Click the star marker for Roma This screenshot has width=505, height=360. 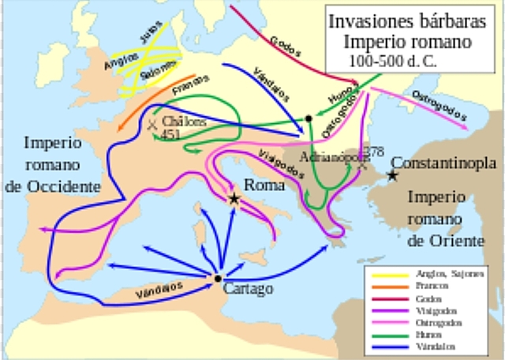coord(234,199)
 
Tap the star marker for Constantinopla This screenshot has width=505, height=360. coord(392,176)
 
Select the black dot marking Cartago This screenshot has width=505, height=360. coord(217,279)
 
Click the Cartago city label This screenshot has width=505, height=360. coord(249,289)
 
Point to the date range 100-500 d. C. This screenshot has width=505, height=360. coord(392,60)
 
